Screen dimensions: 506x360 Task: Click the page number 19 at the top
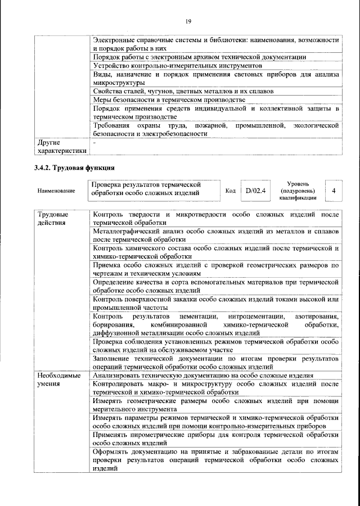click(x=188, y=21)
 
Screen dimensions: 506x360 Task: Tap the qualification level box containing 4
click(x=334, y=191)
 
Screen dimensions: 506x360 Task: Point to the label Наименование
click(x=56, y=191)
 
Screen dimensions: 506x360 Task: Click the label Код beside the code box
click(x=230, y=191)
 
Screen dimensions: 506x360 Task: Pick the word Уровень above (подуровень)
click(x=298, y=183)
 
